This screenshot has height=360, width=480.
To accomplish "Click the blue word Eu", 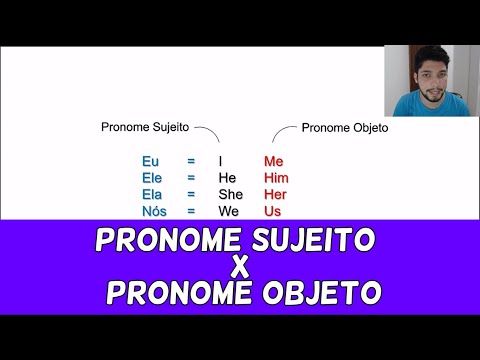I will point(150,160).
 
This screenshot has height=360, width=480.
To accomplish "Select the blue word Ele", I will point(151,177).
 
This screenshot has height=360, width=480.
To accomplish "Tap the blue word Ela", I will point(151,194).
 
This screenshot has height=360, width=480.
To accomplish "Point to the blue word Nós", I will point(153,211).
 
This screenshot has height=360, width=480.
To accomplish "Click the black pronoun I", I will point(220,160).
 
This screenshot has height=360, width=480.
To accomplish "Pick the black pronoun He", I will point(227,177).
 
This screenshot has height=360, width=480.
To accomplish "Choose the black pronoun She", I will point(231,194).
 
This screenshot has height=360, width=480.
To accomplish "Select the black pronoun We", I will point(229,211).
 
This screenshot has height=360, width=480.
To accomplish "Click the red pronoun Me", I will point(274,160).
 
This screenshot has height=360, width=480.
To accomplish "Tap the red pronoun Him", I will point(275,177).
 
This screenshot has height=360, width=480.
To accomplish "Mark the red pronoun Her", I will point(275,194).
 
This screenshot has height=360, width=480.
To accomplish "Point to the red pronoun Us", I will point(272,211).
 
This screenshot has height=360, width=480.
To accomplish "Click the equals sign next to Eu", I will point(191,160).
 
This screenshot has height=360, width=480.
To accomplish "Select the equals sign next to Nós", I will point(191,211).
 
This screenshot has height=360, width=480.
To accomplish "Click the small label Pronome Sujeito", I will point(146,128).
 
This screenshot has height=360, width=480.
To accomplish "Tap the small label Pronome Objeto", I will point(345,128).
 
